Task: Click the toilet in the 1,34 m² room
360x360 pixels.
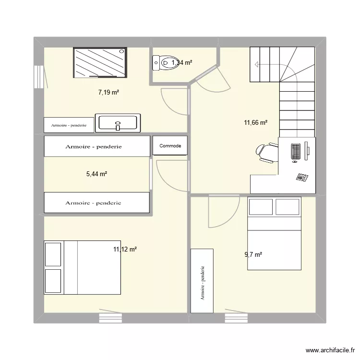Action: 163,62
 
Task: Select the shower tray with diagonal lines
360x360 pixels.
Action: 100,62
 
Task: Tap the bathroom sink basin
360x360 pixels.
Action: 118,123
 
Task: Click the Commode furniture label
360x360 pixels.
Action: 170,146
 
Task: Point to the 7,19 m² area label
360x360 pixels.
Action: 108,93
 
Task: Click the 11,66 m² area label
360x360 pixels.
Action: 255,122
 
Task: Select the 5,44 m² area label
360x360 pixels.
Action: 96,174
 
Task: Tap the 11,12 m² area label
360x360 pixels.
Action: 125,249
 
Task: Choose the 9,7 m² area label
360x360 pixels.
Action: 253,255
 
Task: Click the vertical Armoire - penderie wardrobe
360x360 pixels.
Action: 202,280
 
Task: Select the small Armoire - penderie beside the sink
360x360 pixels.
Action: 68,125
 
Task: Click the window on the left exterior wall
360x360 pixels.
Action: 37,77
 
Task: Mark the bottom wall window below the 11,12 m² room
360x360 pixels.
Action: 110,317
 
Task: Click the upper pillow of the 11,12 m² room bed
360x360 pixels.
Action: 53,254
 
